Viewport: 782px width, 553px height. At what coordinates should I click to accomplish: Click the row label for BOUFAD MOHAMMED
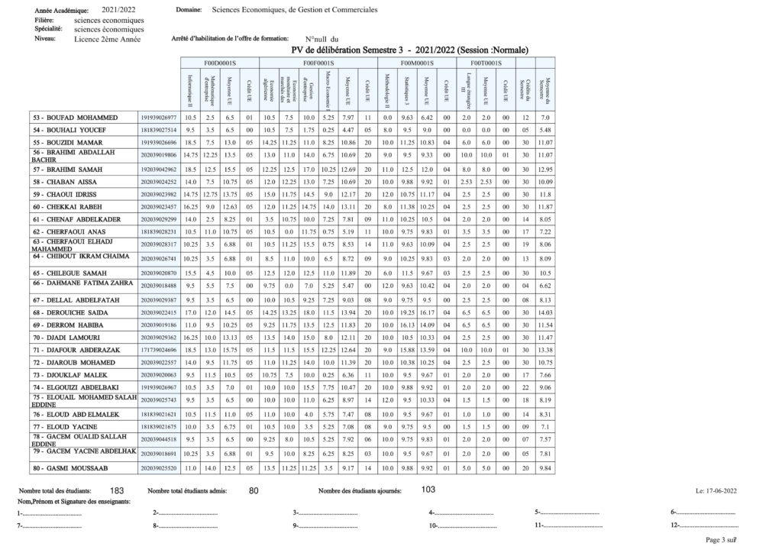75,118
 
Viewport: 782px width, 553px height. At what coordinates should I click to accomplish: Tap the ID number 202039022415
159,312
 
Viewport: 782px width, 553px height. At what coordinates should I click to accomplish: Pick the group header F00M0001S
417,63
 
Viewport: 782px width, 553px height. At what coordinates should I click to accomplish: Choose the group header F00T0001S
486,63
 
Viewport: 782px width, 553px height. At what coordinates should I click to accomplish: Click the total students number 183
117,490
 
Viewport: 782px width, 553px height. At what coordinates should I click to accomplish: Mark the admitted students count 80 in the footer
254,490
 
